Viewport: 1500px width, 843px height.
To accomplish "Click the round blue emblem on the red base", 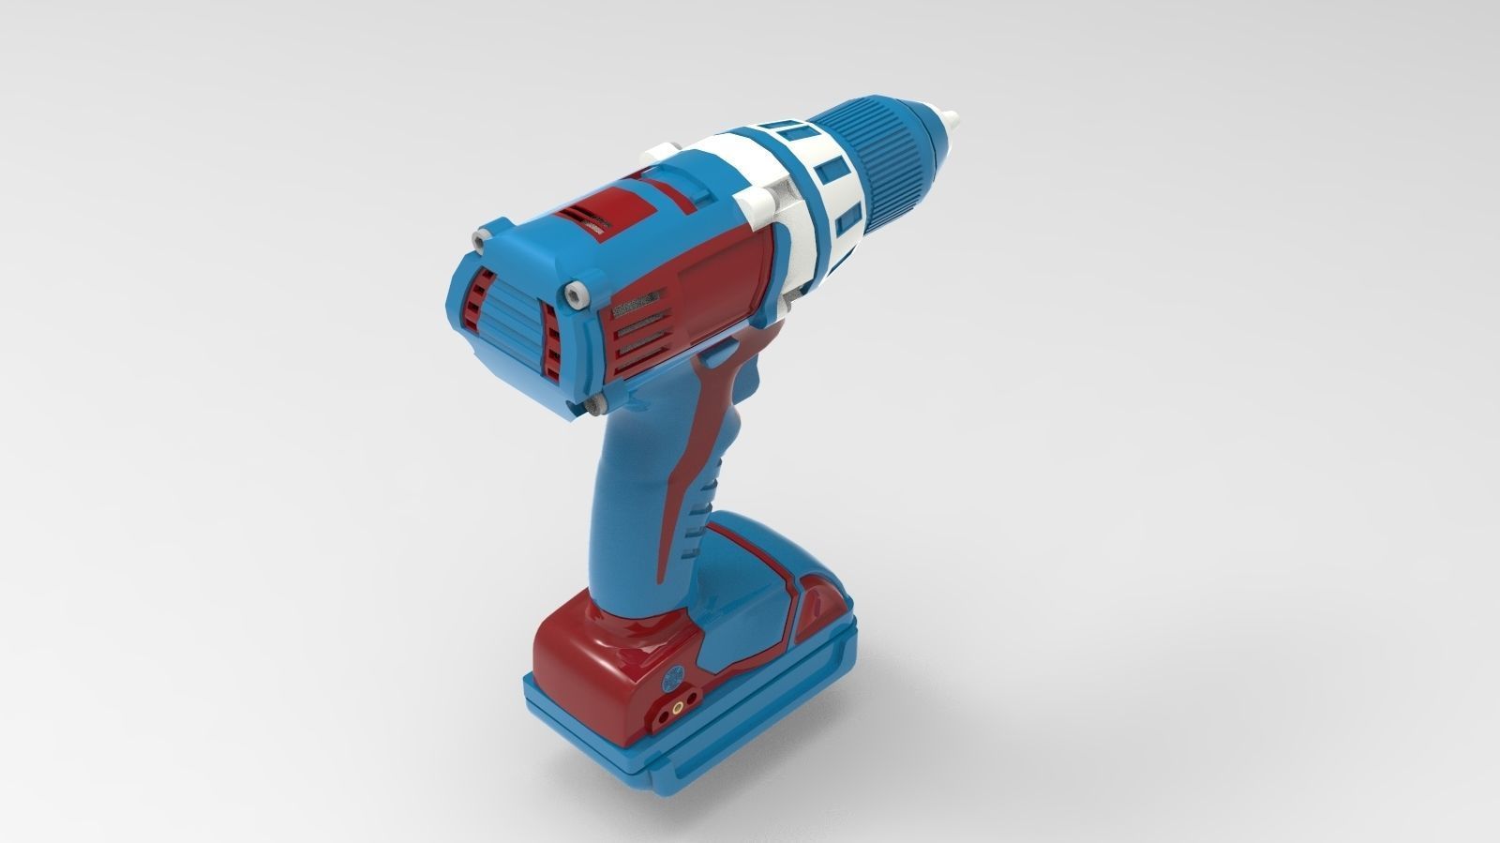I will [672, 677].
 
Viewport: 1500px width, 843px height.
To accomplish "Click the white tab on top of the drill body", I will [664, 149].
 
